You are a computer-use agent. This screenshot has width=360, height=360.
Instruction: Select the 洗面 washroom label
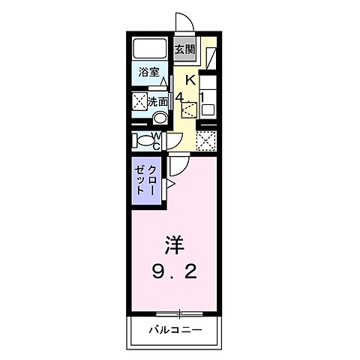(157, 100)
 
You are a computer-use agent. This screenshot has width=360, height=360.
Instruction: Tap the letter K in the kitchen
(190, 79)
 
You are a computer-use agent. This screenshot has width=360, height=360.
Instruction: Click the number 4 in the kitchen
(181, 95)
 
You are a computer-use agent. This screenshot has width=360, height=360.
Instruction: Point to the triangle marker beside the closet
(170, 183)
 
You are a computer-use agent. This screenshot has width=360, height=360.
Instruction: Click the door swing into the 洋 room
(178, 165)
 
